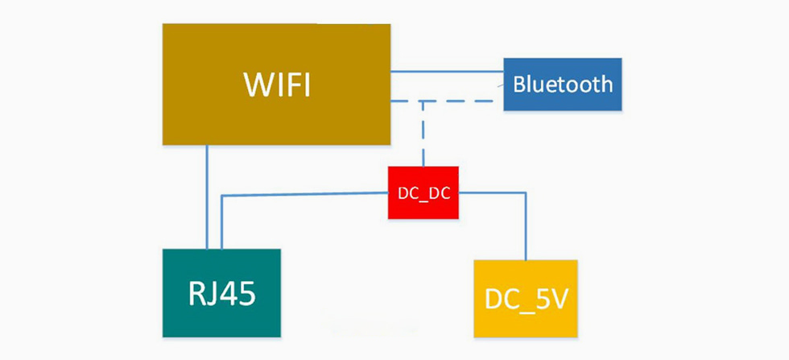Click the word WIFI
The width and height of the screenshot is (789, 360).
277,84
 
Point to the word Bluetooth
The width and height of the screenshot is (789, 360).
563,84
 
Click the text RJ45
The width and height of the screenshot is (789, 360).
222,294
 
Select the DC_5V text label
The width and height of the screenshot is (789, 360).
527,299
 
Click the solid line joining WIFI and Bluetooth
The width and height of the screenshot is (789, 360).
447,71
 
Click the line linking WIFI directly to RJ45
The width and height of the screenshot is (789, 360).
207,197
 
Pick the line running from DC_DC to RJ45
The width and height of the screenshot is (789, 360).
306,194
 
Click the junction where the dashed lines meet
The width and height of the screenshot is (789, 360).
423,101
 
